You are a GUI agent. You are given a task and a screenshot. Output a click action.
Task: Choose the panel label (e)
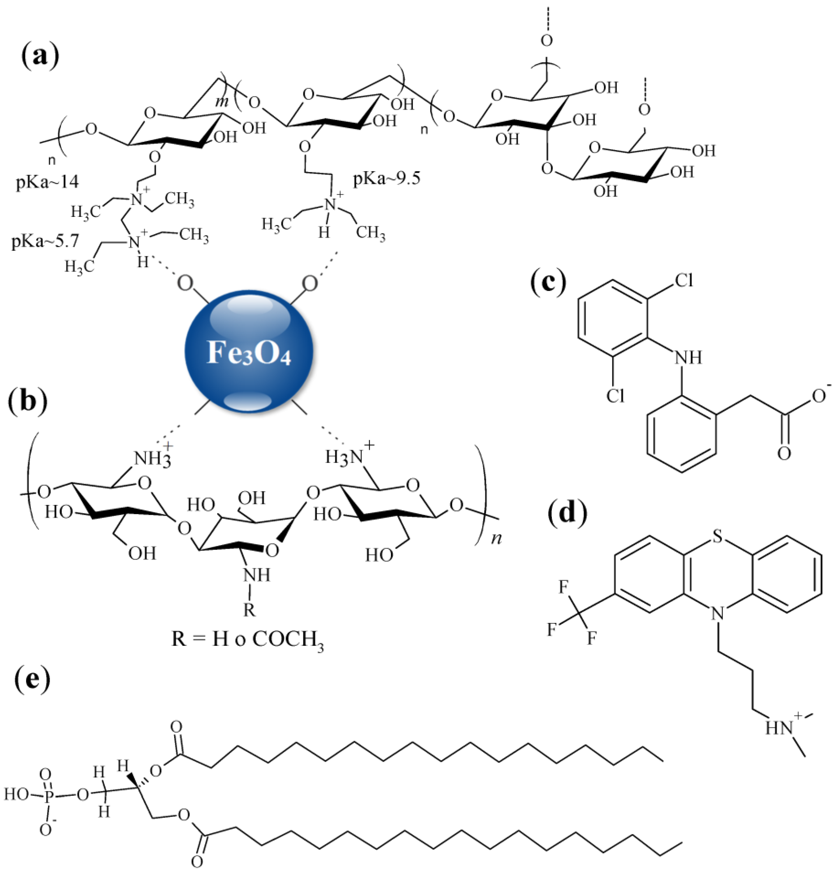tap(32, 680)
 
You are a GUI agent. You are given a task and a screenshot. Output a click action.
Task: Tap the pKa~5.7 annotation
tap(45, 241)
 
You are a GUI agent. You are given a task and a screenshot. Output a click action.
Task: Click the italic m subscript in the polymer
tap(222, 102)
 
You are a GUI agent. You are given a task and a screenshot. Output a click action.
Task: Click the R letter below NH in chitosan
tap(249, 610)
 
